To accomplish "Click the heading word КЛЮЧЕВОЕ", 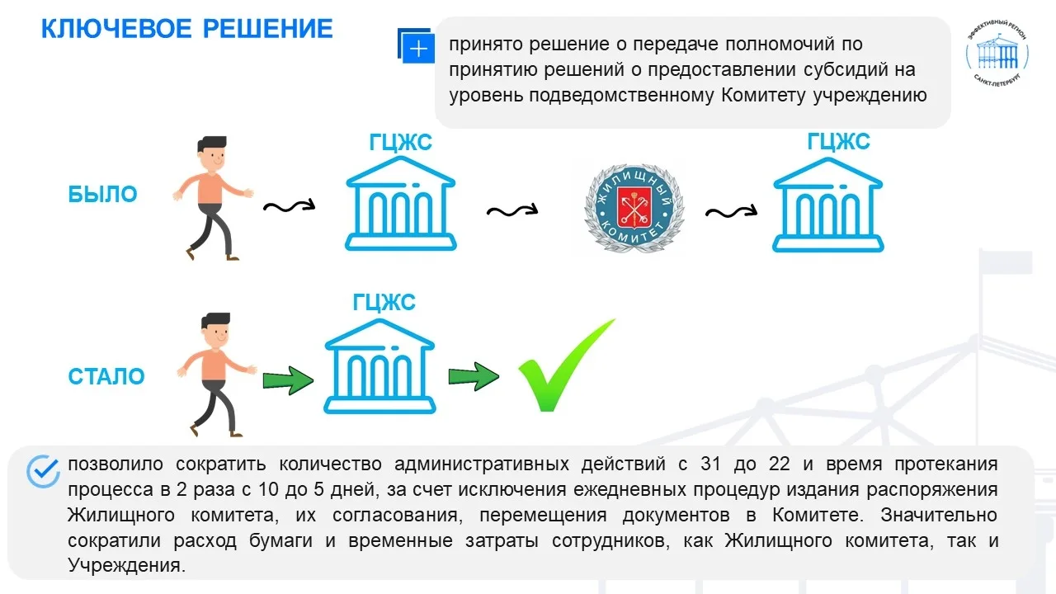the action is (x=116, y=29).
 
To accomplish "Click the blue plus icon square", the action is (x=417, y=46).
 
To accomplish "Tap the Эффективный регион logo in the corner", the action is (x=997, y=54).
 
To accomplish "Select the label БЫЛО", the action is (x=102, y=194).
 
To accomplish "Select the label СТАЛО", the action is (x=106, y=376).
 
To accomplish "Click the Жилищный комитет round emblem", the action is (x=634, y=208).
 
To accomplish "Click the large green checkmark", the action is (x=567, y=365).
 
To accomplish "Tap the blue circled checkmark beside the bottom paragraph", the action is (x=43, y=471).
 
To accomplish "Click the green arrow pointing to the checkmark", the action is (x=474, y=377).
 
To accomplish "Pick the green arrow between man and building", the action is (x=288, y=380).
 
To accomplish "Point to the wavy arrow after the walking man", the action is (x=289, y=206).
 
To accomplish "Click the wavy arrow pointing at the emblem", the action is (x=512, y=210).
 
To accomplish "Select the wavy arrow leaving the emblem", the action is (x=731, y=213).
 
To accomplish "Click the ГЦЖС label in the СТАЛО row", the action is (x=384, y=302).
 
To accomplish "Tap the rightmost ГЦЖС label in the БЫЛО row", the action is (x=838, y=141).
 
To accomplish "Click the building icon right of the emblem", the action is (x=827, y=205).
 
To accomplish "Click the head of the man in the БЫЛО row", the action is (x=213, y=154).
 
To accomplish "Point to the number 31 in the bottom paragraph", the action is (x=710, y=464).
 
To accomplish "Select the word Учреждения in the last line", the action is (x=123, y=565).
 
